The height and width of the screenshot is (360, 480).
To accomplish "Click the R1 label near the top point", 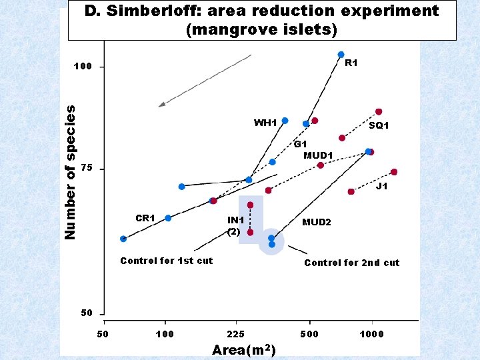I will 351,63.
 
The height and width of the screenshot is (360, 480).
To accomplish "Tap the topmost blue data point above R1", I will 341,55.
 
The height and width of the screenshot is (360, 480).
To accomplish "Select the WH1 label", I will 265,123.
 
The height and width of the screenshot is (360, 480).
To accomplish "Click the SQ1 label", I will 379,125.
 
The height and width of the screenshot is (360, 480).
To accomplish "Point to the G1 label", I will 301,144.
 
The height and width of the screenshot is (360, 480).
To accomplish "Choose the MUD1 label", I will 318,155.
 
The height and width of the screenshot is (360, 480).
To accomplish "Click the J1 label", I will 381,187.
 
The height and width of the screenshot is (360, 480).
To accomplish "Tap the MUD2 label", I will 316,222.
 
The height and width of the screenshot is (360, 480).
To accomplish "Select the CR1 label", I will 145,218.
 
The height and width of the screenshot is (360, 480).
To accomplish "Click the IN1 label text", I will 236,220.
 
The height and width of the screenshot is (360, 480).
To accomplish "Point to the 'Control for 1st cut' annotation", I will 166,261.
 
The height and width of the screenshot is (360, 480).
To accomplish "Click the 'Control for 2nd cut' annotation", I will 351,263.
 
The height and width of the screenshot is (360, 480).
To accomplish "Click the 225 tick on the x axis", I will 236,333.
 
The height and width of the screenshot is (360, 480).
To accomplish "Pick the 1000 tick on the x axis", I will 372,333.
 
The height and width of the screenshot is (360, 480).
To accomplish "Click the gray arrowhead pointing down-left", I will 162,104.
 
